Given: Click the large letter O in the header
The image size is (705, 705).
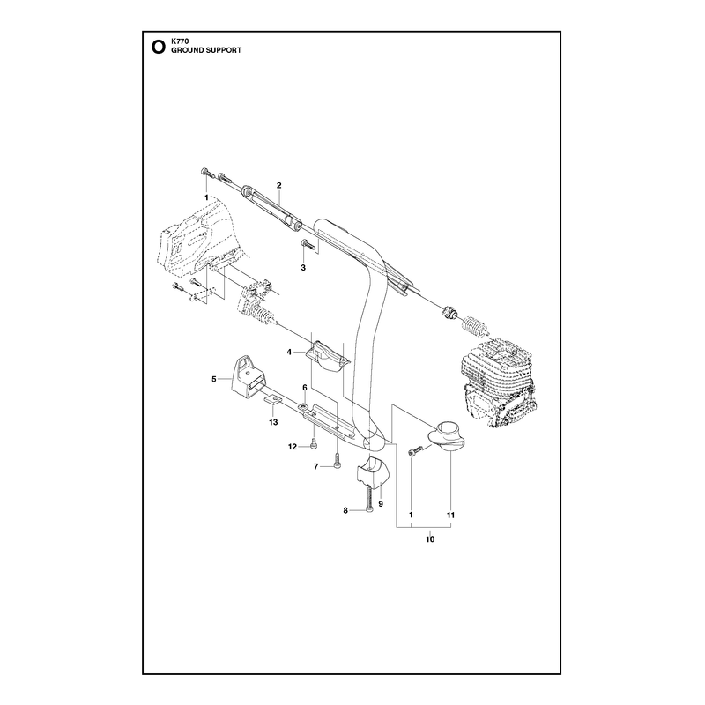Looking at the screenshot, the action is pyautogui.click(x=159, y=47).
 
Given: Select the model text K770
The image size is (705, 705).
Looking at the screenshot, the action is pyautogui.click(x=177, y=41).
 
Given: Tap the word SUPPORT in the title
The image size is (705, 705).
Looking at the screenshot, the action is pyautogui.click(x=224, y=50).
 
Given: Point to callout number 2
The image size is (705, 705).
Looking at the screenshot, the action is pyautogui.click(x=278, y=185).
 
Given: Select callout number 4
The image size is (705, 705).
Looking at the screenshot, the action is pyautogui.click(x=289, y=352).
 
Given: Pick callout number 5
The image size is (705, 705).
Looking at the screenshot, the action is pyautogui.click(x=214, y=379).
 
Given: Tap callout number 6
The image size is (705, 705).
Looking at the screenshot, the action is pyautogui.click(x=304, y=387).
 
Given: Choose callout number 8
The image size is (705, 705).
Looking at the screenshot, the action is pyautogui.click(x=345, y=510).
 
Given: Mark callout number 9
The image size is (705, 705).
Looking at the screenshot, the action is pyautogui.click(x=381, y=504).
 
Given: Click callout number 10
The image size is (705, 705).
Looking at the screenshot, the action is pyautogui.click(x=430, y=539).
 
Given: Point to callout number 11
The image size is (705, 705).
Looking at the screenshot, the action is pyautogui.click(x=451, y=515).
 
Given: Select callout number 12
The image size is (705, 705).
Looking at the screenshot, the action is pyautogui.click(x=293, y=447).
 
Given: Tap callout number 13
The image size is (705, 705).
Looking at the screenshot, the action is pyautogui.click(x=273, y=422).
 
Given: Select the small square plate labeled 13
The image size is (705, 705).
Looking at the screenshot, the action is pyautogui.click(x=272, y=399).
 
